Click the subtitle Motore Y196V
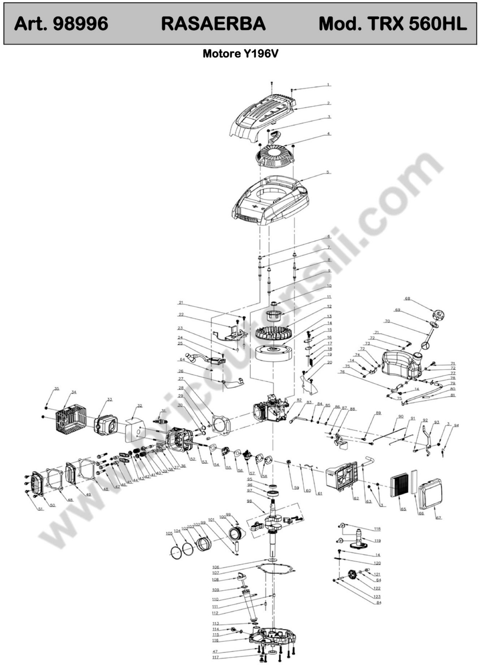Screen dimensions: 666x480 (240, 54)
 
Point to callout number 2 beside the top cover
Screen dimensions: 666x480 (329, 103)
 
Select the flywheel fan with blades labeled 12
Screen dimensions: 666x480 (273, 333)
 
